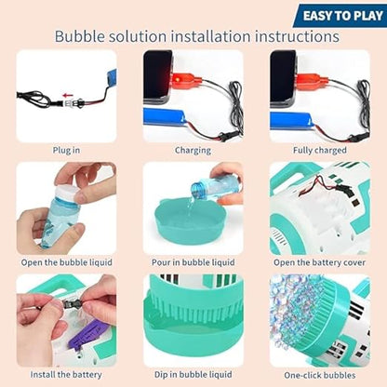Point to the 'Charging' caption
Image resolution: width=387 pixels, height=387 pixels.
(193, 150)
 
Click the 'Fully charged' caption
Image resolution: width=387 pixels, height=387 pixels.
(319, 150)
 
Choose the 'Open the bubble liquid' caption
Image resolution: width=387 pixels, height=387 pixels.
(66, 262)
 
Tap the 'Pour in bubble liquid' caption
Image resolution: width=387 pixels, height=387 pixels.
(193, 262)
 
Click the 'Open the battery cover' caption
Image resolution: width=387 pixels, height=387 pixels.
(319, 262)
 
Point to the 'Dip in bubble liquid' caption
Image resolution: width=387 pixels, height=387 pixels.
(193, 374)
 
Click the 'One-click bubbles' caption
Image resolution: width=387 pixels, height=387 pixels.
(319, 374)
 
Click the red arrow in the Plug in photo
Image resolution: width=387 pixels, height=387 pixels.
(69, 94)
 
